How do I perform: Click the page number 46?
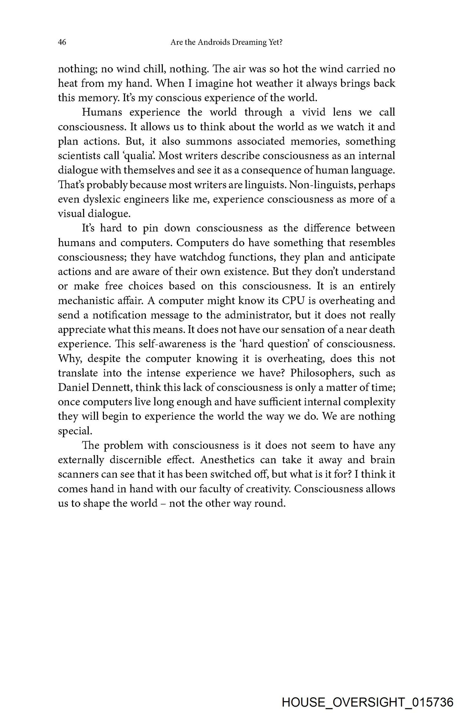pos(62,43)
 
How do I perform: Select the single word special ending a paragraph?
pos(75,431)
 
